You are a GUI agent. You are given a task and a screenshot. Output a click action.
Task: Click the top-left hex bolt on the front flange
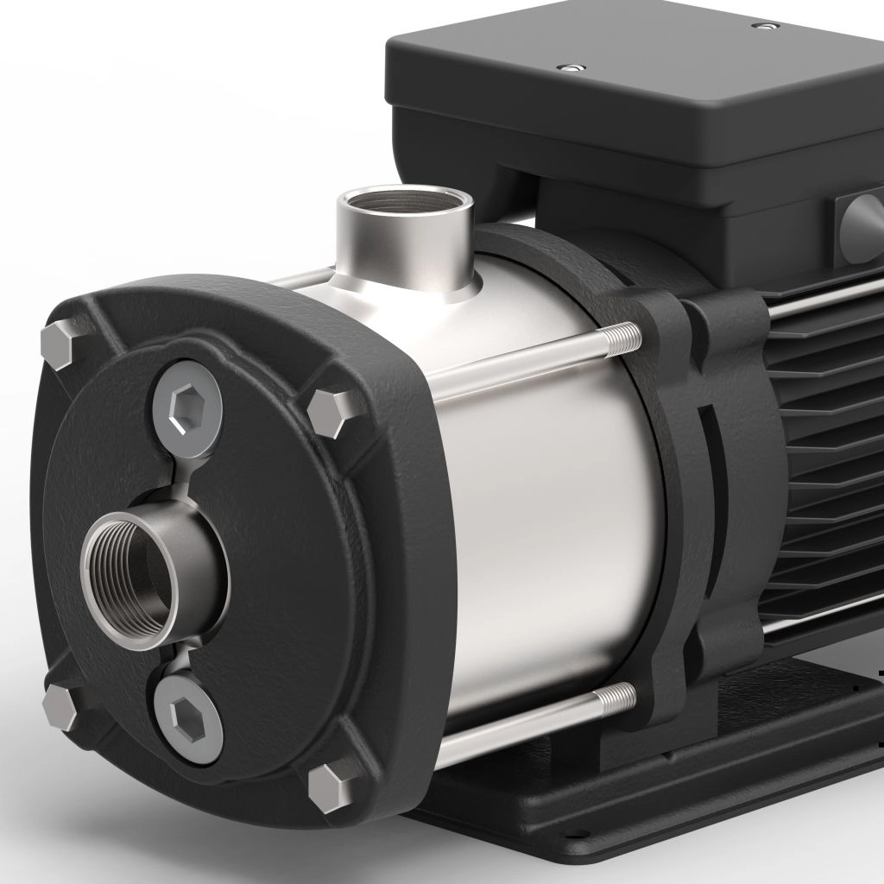click(x=59, y=344)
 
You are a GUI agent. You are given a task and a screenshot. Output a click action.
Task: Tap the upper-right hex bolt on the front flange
click(x=332, y=409)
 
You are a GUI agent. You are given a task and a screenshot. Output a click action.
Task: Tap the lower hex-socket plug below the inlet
click(x=187, y=716)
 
